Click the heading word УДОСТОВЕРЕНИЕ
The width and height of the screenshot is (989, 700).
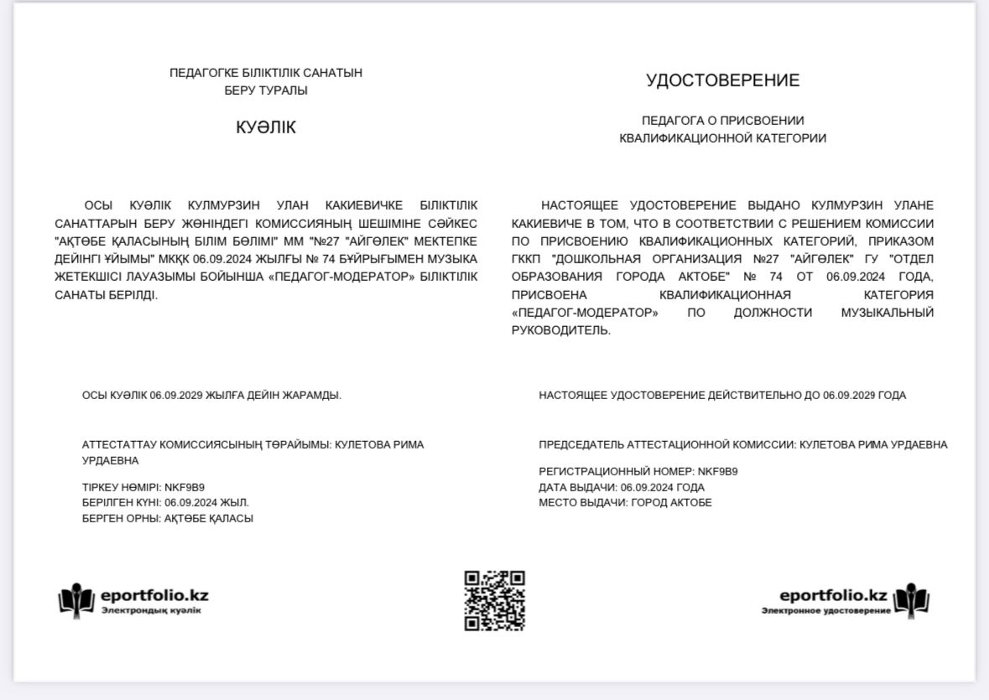(722, 80)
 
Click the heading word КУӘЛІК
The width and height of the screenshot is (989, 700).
(266, 127)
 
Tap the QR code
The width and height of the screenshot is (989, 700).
(495, 600)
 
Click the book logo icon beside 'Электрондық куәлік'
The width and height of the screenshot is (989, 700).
(76, 599)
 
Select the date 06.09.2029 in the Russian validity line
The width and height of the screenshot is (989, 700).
(849, 395)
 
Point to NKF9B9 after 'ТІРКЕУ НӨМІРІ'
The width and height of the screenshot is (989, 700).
(185, 487)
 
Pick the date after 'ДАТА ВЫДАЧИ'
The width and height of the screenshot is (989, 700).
(647, 487)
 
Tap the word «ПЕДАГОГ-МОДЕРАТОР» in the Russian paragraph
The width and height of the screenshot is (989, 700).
(585, 313)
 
